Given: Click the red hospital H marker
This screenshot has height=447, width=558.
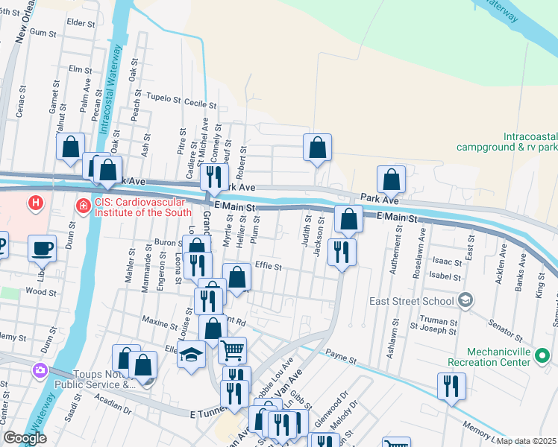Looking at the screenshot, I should pos(34,203).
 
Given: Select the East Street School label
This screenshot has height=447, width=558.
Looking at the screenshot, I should pos(412,301).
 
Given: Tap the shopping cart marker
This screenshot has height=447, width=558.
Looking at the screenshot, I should pos(233,349).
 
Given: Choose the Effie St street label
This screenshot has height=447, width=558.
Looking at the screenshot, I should pos(268,266).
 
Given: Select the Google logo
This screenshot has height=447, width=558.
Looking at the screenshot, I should pos(25,439).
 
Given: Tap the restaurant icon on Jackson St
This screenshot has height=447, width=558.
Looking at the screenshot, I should pos(342,252).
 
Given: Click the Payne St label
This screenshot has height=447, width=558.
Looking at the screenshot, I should pos(342,358).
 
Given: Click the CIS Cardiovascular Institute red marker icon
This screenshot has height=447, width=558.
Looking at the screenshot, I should pos(83,205).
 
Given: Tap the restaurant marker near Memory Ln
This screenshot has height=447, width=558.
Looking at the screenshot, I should pos(451,386).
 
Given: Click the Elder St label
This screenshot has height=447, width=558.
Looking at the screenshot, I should pos(81,23).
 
